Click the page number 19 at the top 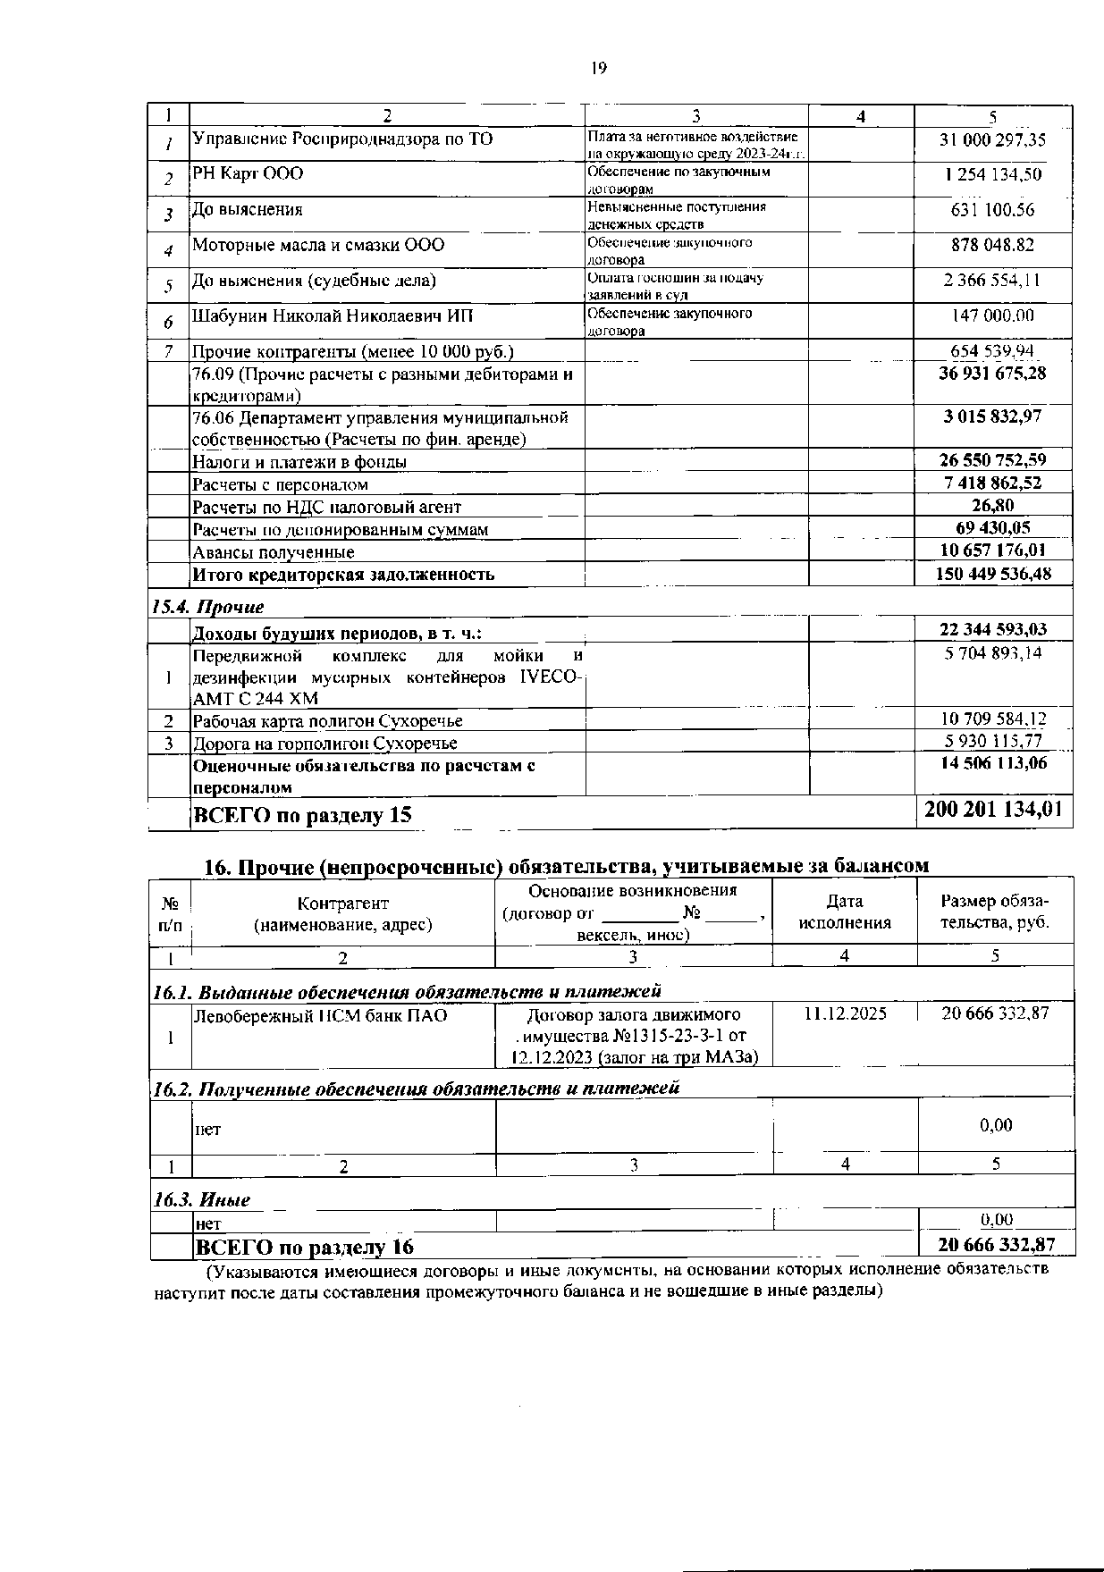pyautogui.click(x=599, y=69)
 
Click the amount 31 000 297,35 pyautogui.click(x=992, y=140)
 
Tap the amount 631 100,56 pyautogui.click(x=992, y=210)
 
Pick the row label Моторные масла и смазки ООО pyautogui.click(x=318, y=245)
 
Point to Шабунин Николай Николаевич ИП pyautogui.click(x=333, y=316)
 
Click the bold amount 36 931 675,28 pyautogui.click(x=992, y=373)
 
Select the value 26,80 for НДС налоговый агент pyautogui.click(x=992, y=506)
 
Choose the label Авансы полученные pyautogui.click(x=274, y=552)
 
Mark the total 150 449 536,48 pyautogui.click(x=992, y=574)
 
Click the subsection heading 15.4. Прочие pyautogui.click(x=208, y=608)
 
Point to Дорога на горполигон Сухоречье pyautogui.click(x=325, y=744)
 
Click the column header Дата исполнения pyautogui.click(x=845, y=912)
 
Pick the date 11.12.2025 pyautogui.click(x=845, y=1013)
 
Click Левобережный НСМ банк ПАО pyautogui.click(x=320, y=1016)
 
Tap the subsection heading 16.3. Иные pyautogui.click(x=201, y=1199)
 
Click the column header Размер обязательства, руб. pyautogui.click(x=995, y=912)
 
